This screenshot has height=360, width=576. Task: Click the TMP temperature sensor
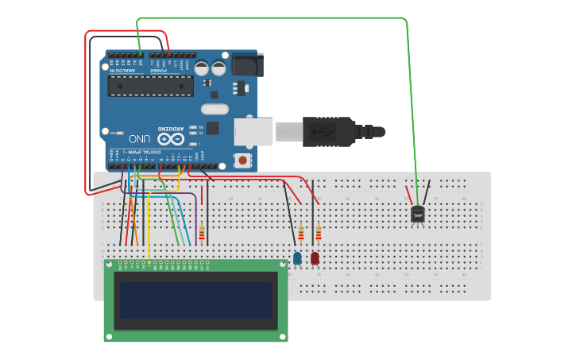(418, 215)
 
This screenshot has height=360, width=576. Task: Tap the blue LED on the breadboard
(297, 258)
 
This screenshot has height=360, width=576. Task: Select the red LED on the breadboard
(315, 258)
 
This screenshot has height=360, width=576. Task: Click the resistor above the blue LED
(300, 234)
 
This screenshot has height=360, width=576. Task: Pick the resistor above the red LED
(319, 234)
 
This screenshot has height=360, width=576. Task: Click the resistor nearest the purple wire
(202, 234)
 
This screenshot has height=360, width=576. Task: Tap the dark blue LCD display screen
(195, 300)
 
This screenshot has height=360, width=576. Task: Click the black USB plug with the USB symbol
(327, 131)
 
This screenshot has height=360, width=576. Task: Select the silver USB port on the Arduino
(253, 132)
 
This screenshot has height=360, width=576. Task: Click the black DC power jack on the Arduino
(247, 65)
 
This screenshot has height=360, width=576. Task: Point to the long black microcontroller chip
(150, 86)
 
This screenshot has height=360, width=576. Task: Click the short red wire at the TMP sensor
(410, 195)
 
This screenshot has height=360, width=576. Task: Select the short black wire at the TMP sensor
(427, 193)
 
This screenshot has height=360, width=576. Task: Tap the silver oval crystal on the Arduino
(215, 109)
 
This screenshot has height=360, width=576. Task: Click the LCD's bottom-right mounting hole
(282, 336)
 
